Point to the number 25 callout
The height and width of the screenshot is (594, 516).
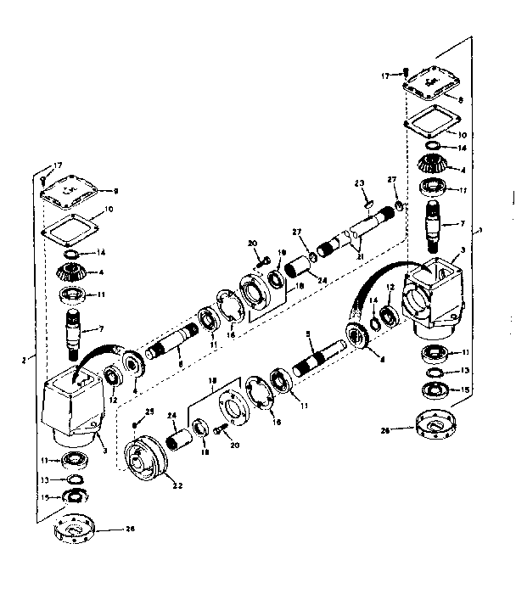pos(150,412)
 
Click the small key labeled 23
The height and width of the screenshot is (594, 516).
pos(367,202)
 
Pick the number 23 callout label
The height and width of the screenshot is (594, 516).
pos(359,183)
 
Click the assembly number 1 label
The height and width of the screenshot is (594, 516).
pos(481,230)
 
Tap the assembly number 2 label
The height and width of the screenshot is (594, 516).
pos(27,359)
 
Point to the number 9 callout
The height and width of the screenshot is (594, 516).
pos(115,190)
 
